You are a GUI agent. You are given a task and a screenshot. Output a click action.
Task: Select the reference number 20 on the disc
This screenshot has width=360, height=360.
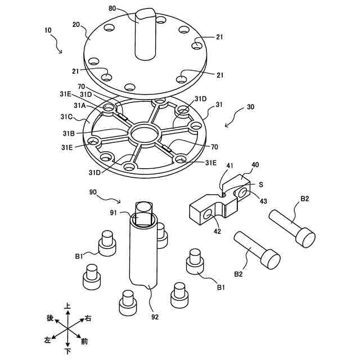tap(76, 25)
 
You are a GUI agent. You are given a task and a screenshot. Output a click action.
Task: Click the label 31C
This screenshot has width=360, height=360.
tap(67, 118)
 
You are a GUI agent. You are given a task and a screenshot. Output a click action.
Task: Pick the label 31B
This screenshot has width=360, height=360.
tap(68, 133)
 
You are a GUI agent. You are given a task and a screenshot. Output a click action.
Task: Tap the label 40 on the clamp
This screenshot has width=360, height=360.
tap(255, 165)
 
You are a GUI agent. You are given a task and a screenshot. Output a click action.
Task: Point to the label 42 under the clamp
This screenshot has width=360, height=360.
tap(217, 231)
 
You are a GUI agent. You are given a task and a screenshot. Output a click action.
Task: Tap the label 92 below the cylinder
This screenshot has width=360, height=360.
tap(155, 317)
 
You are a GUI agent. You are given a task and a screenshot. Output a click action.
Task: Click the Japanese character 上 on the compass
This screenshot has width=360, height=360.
tap(68, 305)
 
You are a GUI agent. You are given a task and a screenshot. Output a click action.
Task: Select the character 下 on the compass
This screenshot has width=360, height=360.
tap(67, 352)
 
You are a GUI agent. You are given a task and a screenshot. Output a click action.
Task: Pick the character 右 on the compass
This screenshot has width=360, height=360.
tap(88, 318)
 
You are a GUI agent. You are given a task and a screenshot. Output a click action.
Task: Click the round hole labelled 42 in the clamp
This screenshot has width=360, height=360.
tap(210, 214)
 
